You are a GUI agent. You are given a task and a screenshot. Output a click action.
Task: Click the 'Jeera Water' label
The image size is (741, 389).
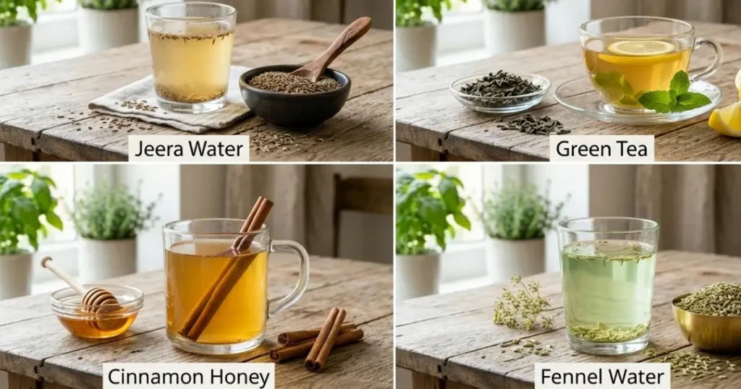point(189,149)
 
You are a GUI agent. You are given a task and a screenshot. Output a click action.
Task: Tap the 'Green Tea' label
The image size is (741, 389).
point(601,149)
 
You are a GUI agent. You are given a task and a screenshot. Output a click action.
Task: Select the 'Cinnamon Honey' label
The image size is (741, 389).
point(189,376)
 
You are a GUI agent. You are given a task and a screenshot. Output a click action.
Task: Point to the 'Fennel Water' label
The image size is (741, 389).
point(602,376)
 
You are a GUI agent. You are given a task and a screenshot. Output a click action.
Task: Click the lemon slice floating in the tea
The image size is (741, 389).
point(640,47)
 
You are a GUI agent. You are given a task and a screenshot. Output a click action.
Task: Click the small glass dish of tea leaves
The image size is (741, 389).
point(500,93)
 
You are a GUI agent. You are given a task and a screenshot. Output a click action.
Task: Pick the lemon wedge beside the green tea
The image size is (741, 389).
point(726,118)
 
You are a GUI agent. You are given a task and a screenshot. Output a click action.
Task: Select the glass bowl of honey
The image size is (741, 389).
point(97,312)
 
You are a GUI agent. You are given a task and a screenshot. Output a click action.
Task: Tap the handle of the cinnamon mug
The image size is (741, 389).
point(293,276)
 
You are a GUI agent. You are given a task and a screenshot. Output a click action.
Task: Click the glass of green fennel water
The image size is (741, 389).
point(608,285)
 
